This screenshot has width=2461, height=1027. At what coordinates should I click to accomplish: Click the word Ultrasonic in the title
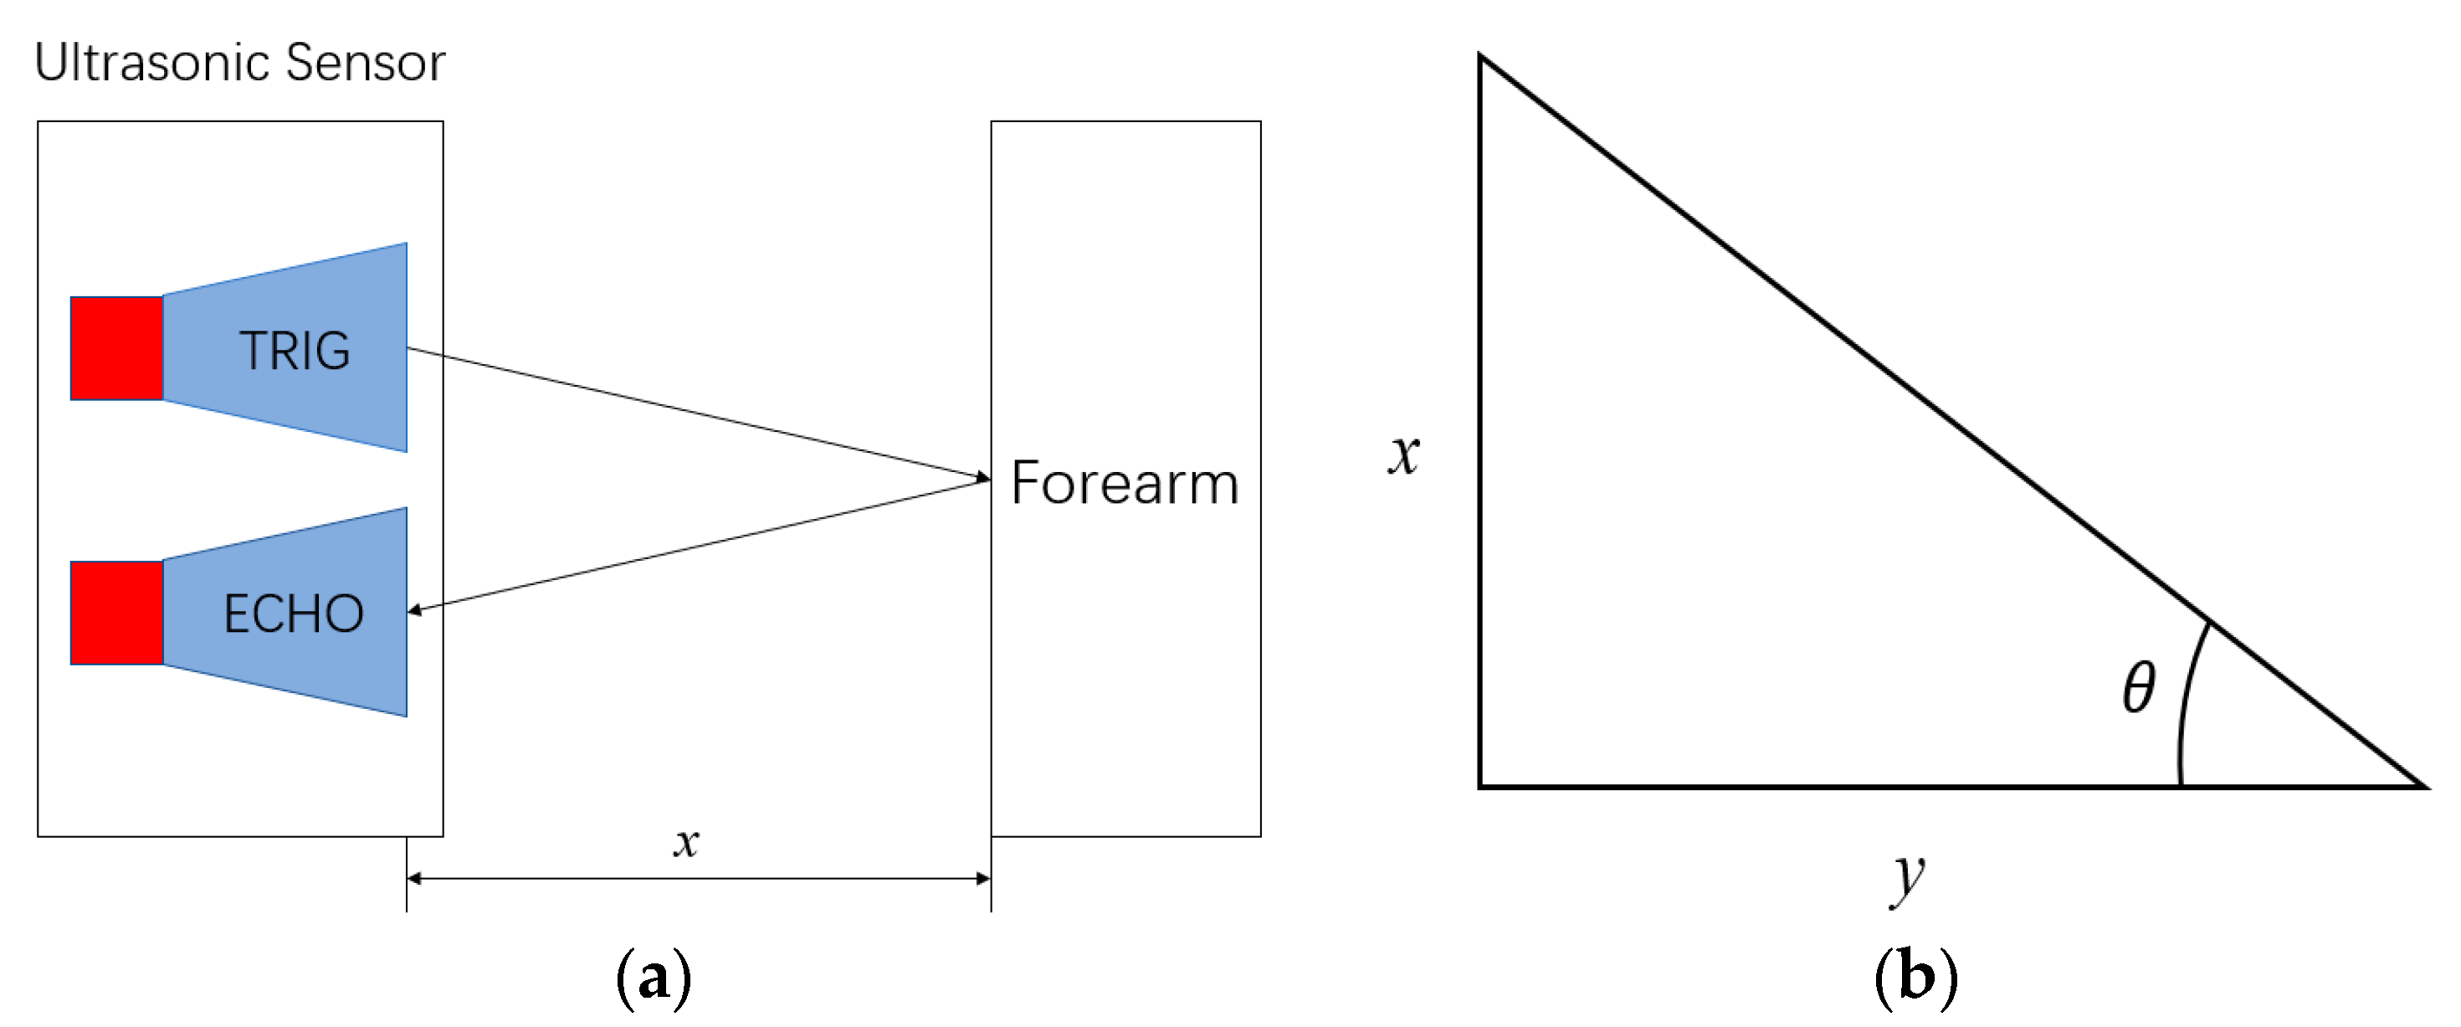(153, 63)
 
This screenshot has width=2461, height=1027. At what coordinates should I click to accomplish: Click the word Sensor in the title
(365, 63)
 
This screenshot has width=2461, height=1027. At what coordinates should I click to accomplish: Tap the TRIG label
(295, 351)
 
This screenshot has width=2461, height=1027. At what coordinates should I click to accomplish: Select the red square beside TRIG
(116, 347)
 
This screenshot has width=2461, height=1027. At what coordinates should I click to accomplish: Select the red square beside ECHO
(116, 613)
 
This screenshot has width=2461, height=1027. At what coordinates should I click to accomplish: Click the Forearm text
(1125, 484)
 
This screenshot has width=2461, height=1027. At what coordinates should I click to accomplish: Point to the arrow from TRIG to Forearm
(697, 413)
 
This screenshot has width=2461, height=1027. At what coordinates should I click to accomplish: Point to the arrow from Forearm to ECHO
(697, 545)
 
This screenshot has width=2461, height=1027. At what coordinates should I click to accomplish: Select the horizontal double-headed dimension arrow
(697, 878)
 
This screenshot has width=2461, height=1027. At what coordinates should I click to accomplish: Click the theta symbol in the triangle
(2139, 687)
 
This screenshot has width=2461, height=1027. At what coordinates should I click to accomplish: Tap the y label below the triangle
(1908, 877)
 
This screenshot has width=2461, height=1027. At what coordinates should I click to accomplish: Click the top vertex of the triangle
(1482, 57)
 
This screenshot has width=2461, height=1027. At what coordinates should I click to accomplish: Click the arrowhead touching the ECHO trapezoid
(414, 609)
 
